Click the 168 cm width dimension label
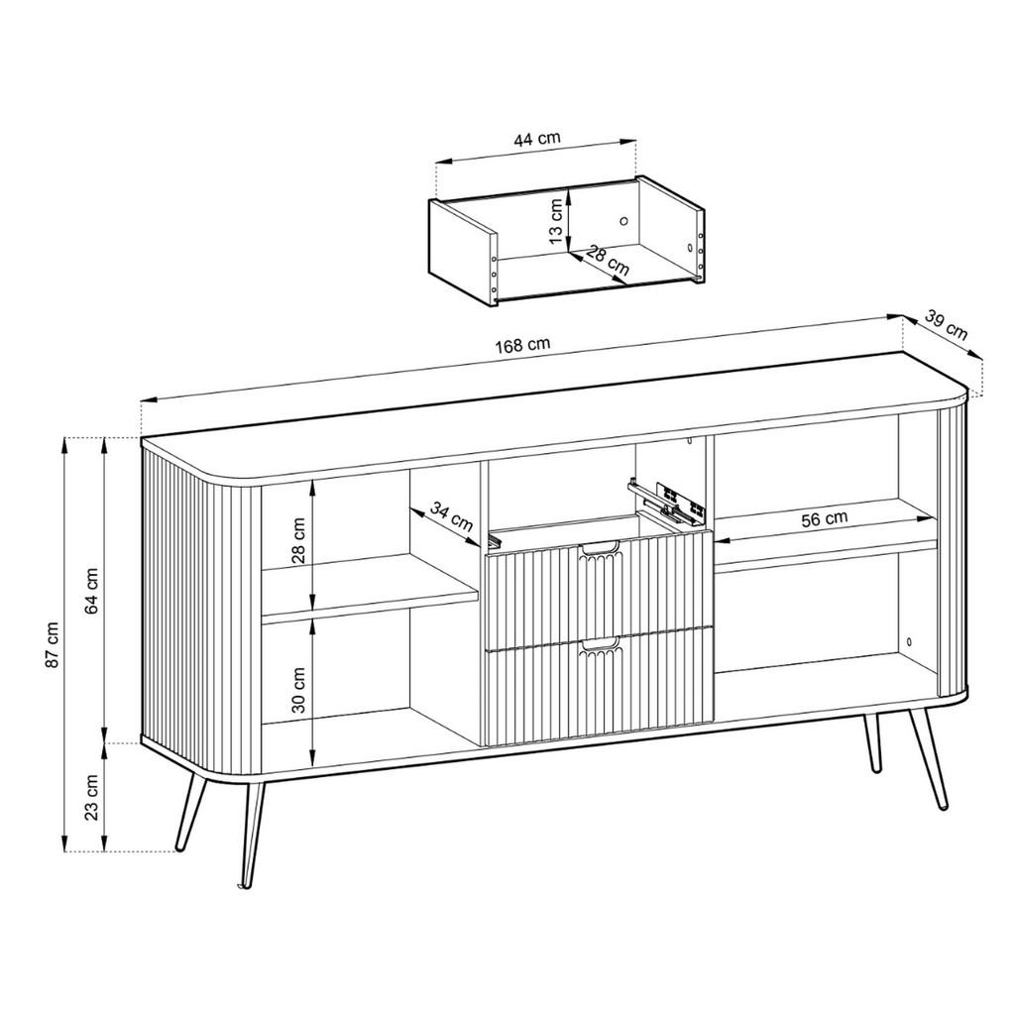[522, 344]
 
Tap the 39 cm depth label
[946, 325]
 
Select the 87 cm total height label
[52, 644]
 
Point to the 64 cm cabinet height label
[91, 591]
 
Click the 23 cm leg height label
[91, 798]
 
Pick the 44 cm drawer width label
[536, 139]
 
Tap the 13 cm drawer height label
[555, 221]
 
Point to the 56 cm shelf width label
[824, 518]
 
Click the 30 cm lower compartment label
[298, 690]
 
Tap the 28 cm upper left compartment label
[298, 541]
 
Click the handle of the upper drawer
[600, 549]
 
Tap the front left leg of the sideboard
[252, 835]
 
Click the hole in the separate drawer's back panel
[624, 221]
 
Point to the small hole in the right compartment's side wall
[909, 641]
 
